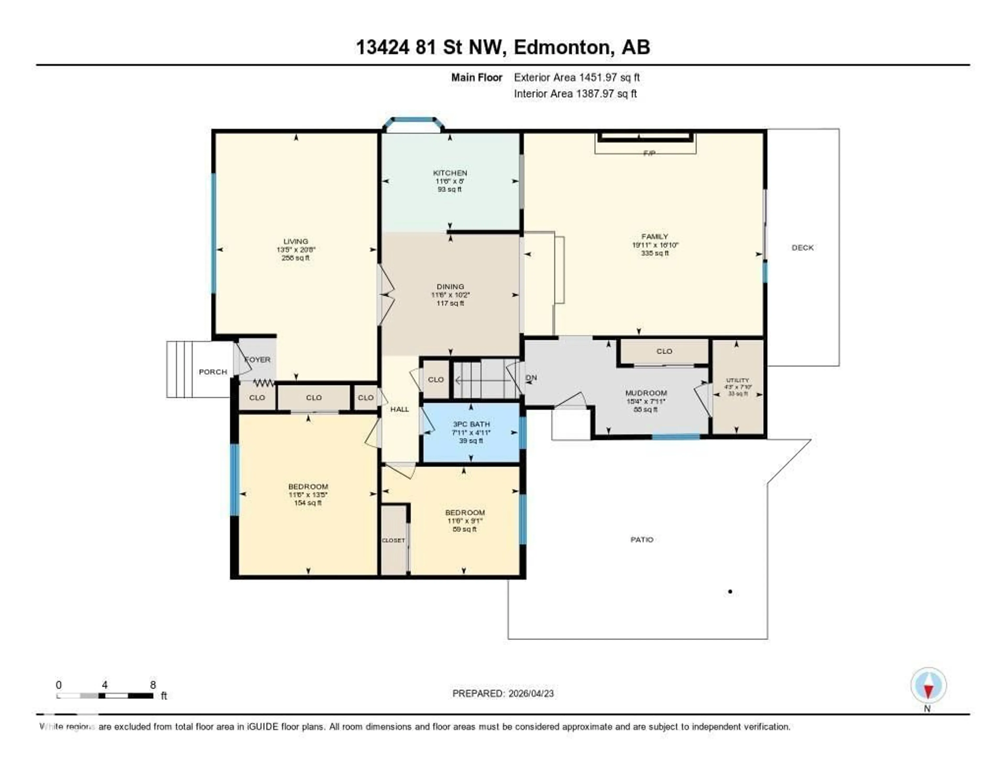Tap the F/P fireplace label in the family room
pyautogui.click(x=649, y=153)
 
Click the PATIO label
pyautogui.click(x=642, y=539)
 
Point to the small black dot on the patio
pyautogui.click(x=730, y=591)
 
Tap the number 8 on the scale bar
pyautogui.click(x=153, y=685)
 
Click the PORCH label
pyautogui.click(x=213, y=372)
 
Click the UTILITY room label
pyautogui.click(x=737, y=380)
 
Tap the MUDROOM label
pyautogui.click(x=646, y=393)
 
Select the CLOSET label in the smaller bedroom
pyautogui.click(x=393, y=540)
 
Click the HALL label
pyautogui.click(x=399, y=409)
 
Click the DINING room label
pyautogui.click(x=450, y=287)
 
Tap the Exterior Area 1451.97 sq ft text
pyautogui.click(x=577, y=77)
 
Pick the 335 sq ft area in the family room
pyautogui.click(x=654, y=253)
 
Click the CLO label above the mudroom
pyautogui.click(x=664, y=351)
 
